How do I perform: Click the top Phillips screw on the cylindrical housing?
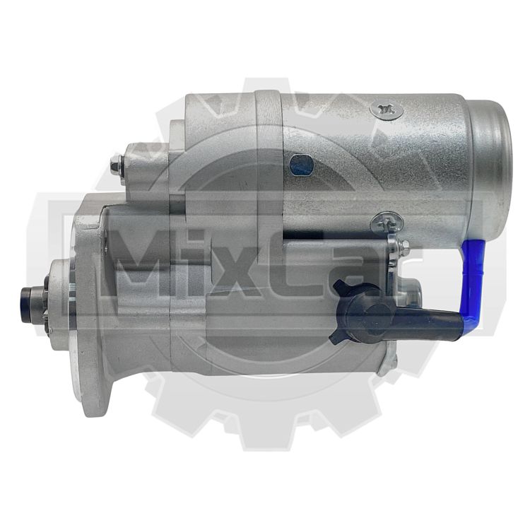click(x=387, y=110)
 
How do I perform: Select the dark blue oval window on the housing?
click(x=302, y=165)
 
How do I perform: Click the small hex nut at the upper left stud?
click(x=117, y=166)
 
